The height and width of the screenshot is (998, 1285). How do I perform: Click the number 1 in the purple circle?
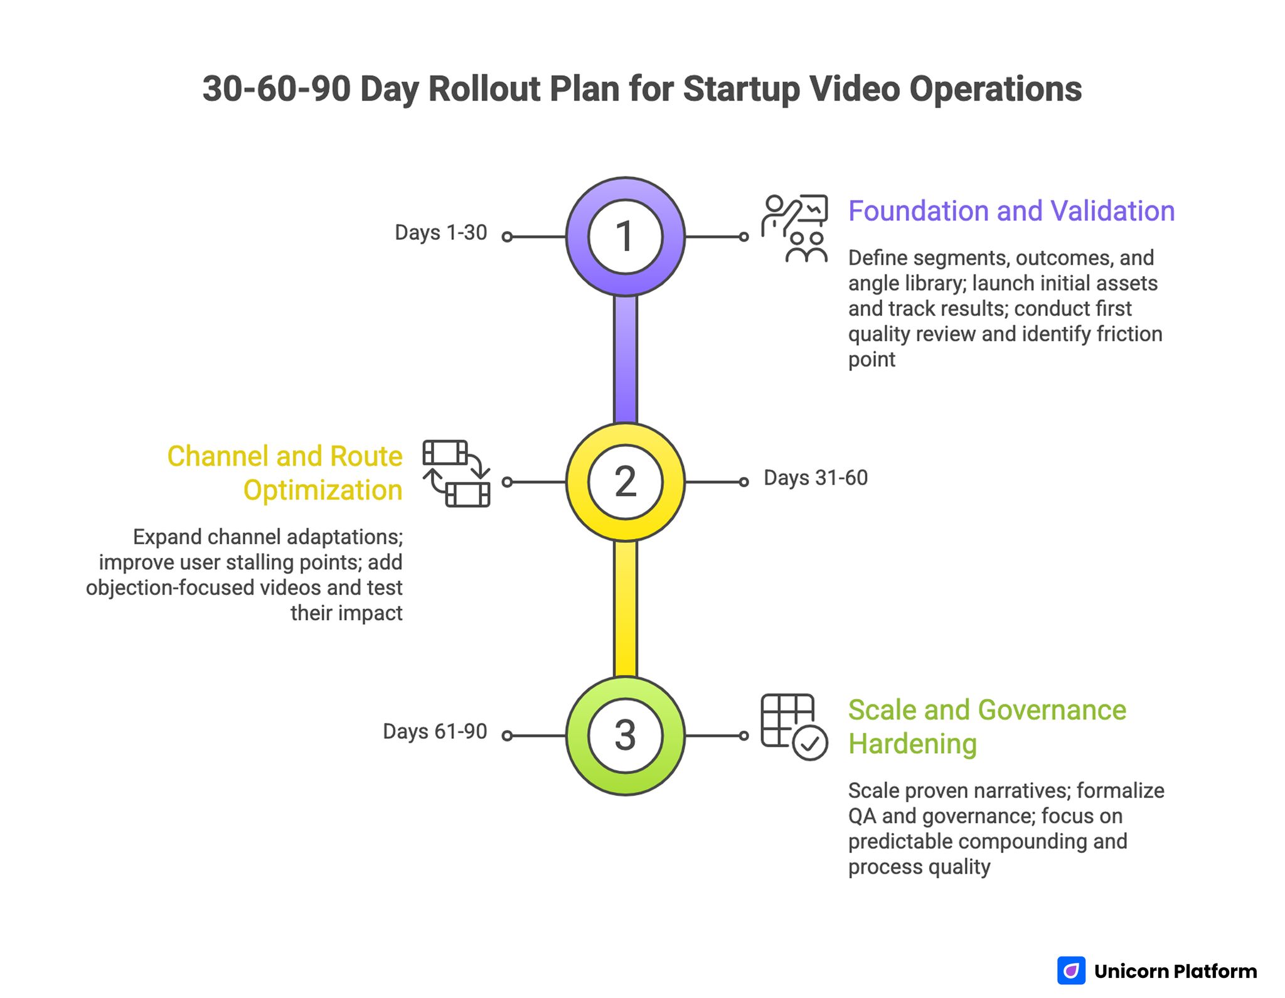point(624,237)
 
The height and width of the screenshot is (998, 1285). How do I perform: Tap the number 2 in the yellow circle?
point(625,481)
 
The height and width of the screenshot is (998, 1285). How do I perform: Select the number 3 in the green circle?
point(625,735)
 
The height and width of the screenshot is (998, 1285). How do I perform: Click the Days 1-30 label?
point(440,233)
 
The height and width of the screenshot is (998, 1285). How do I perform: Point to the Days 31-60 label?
point(815,478)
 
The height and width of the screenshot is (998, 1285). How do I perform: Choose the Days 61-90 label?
point(435,731)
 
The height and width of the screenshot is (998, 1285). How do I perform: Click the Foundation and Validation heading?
point(1011,211)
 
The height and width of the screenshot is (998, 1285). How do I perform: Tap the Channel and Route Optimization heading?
point(285,473)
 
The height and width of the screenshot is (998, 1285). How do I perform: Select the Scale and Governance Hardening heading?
point(986,727)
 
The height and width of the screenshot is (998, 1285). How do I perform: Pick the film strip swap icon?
point(456,473)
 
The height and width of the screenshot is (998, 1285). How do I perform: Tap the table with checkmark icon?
point(794,727)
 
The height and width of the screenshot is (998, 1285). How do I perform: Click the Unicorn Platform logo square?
point(1071,970)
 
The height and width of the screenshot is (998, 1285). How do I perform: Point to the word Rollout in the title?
point(484,89)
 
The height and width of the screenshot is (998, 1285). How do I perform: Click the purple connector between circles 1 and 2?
point(625,359)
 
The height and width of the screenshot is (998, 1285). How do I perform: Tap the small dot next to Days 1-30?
point(507,237)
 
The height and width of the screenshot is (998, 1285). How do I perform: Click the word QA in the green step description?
point(861,816)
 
